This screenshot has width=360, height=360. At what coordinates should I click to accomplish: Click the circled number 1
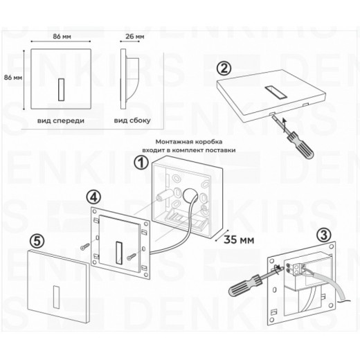141,165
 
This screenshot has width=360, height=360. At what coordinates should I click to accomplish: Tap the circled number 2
222,69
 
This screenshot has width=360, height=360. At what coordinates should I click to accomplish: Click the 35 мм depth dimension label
238,240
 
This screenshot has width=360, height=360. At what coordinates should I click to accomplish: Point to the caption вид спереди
61,120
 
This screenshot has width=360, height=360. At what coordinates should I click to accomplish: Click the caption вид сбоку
129,120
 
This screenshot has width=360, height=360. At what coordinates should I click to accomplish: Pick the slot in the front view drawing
61,88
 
